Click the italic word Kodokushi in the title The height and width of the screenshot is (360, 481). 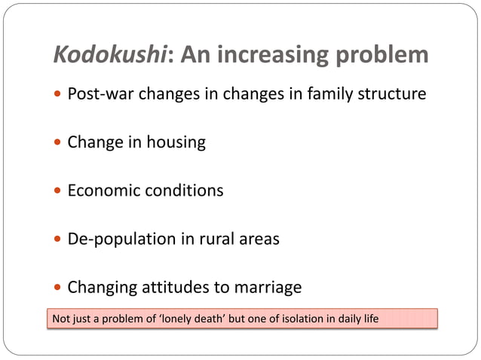[114, 55]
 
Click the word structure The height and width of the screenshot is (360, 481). [393, 94]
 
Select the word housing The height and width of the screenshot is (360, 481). [176, 142]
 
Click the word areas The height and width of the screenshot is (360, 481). [258, 239]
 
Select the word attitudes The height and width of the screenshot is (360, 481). [172, 287]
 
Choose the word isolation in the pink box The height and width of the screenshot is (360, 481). [300, 319]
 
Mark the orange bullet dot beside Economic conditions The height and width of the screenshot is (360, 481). [59, 191]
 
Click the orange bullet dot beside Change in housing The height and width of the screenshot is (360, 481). [59, 143]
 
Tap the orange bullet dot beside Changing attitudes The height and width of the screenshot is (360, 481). [59, 288]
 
